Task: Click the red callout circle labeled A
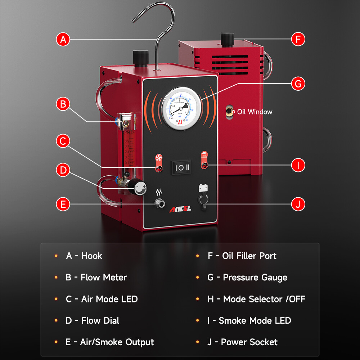[63, 39]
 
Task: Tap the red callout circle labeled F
[298, 39]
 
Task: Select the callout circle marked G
[298, 84]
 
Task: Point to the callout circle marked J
[298, 204]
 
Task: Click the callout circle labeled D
[63, 170]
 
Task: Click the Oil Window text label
[255, 112]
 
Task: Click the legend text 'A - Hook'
[84, 256]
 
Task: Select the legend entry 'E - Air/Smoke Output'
[109, 342]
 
